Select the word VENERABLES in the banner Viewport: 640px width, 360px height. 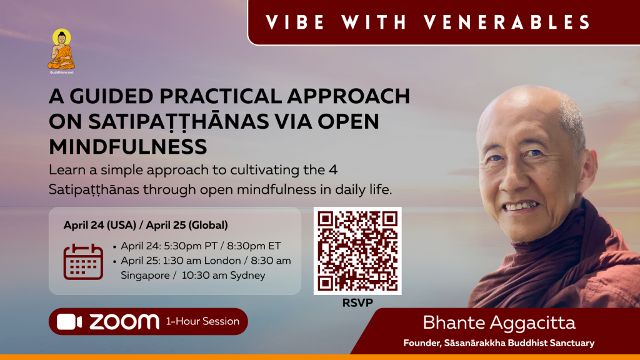point(507,22)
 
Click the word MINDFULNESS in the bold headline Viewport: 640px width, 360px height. point(127,146)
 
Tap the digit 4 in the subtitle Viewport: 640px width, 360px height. point(333,170)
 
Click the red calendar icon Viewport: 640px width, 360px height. point(83,262)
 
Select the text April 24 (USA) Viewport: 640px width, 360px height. point(99,225)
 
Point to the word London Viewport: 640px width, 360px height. point(222,261)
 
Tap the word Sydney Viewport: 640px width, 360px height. point(247,276)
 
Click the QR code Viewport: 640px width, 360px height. point(357,251)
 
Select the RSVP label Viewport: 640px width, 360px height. point(357,303)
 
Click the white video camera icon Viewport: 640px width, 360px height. point(69,322)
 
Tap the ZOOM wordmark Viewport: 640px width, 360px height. point(124,322)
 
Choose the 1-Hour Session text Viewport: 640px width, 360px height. point(202,322)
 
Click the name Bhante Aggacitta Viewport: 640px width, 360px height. point(499,323)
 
